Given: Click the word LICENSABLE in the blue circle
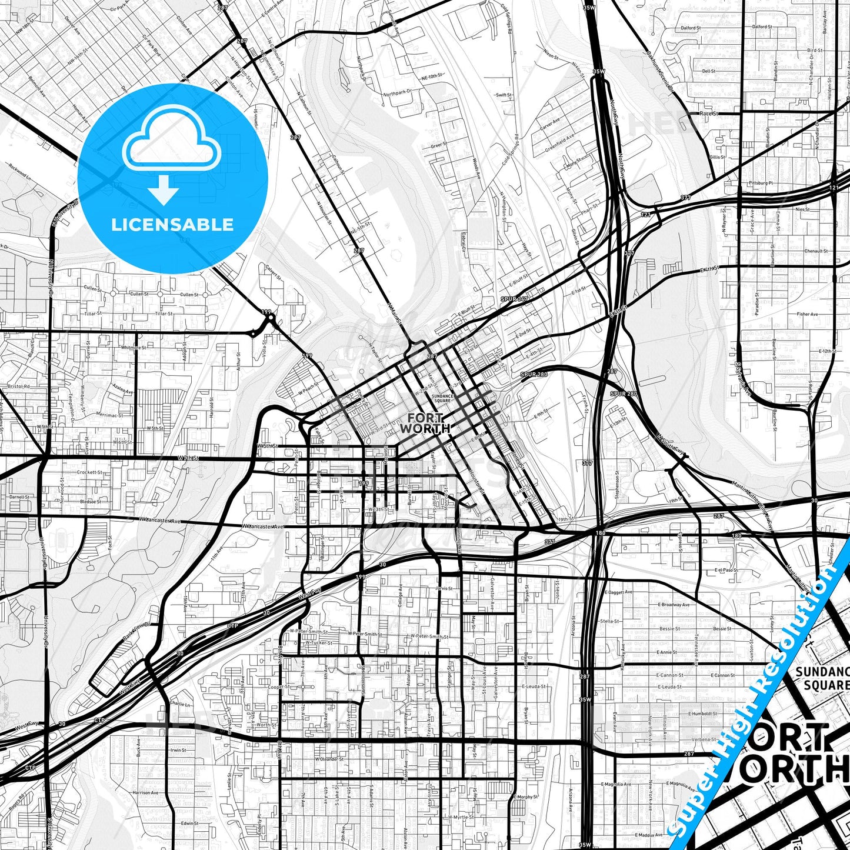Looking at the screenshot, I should click(x=172, y=225).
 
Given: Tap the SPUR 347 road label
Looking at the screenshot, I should click(x=515, y=299).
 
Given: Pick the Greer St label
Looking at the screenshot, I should click(x=436, y=145).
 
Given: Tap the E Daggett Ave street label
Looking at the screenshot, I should click(x=616, y=592).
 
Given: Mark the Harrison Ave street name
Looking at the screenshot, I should click(x=146, y=792).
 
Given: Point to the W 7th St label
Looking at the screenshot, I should click(x=188, y=458).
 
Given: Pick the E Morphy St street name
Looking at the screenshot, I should click(x=525, y=797).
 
